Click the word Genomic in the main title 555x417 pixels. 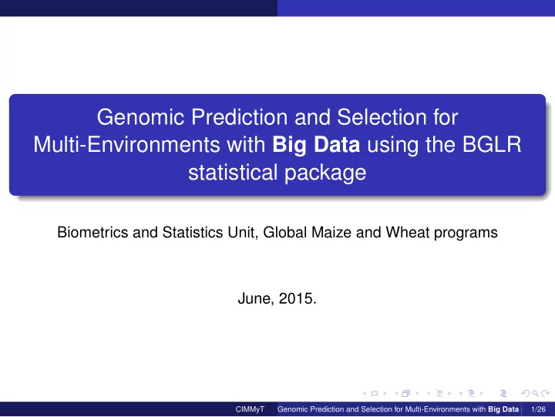click(x=140, y=117)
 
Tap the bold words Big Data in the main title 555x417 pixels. click(x=316, y=145)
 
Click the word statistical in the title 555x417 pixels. click(x=233, y=173)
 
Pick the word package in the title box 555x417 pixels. click(x=325, y=173)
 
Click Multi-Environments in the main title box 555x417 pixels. click(x=126, y=145)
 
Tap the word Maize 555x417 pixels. click(x=331, y=232)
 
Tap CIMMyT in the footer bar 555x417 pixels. click(x=250, y=409)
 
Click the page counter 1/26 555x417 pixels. click(x=538, y=409)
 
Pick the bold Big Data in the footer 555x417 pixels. click(x=503, y=409)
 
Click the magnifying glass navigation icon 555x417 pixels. click(x=536, y=393)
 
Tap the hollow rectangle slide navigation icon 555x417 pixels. click(x=375, y=393)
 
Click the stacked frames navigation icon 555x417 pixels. click(x=406, y=393)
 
